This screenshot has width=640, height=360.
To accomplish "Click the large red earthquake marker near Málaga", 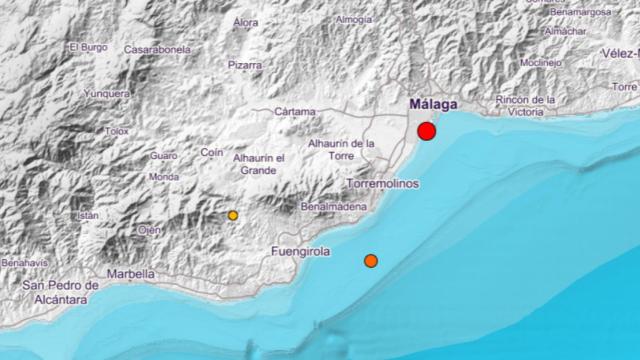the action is click(427, 131).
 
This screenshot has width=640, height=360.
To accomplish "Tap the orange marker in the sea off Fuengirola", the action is click(370, 261).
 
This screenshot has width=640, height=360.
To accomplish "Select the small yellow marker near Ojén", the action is click(233, 215).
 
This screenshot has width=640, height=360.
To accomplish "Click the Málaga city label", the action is click(434, 104).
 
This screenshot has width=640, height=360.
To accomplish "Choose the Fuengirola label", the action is click(300, 252).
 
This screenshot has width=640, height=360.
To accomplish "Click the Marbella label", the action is click(132, 273).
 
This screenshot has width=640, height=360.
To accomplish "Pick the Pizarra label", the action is click(244, 65).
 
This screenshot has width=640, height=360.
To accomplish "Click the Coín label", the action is click(211, 152).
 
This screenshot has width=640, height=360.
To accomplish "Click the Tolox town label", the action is click(118, 130).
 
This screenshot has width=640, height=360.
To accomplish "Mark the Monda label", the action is click(163, 177).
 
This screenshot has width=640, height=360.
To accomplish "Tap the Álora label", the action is click(245, 21).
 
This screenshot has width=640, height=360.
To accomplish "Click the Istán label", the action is click(89, 215).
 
